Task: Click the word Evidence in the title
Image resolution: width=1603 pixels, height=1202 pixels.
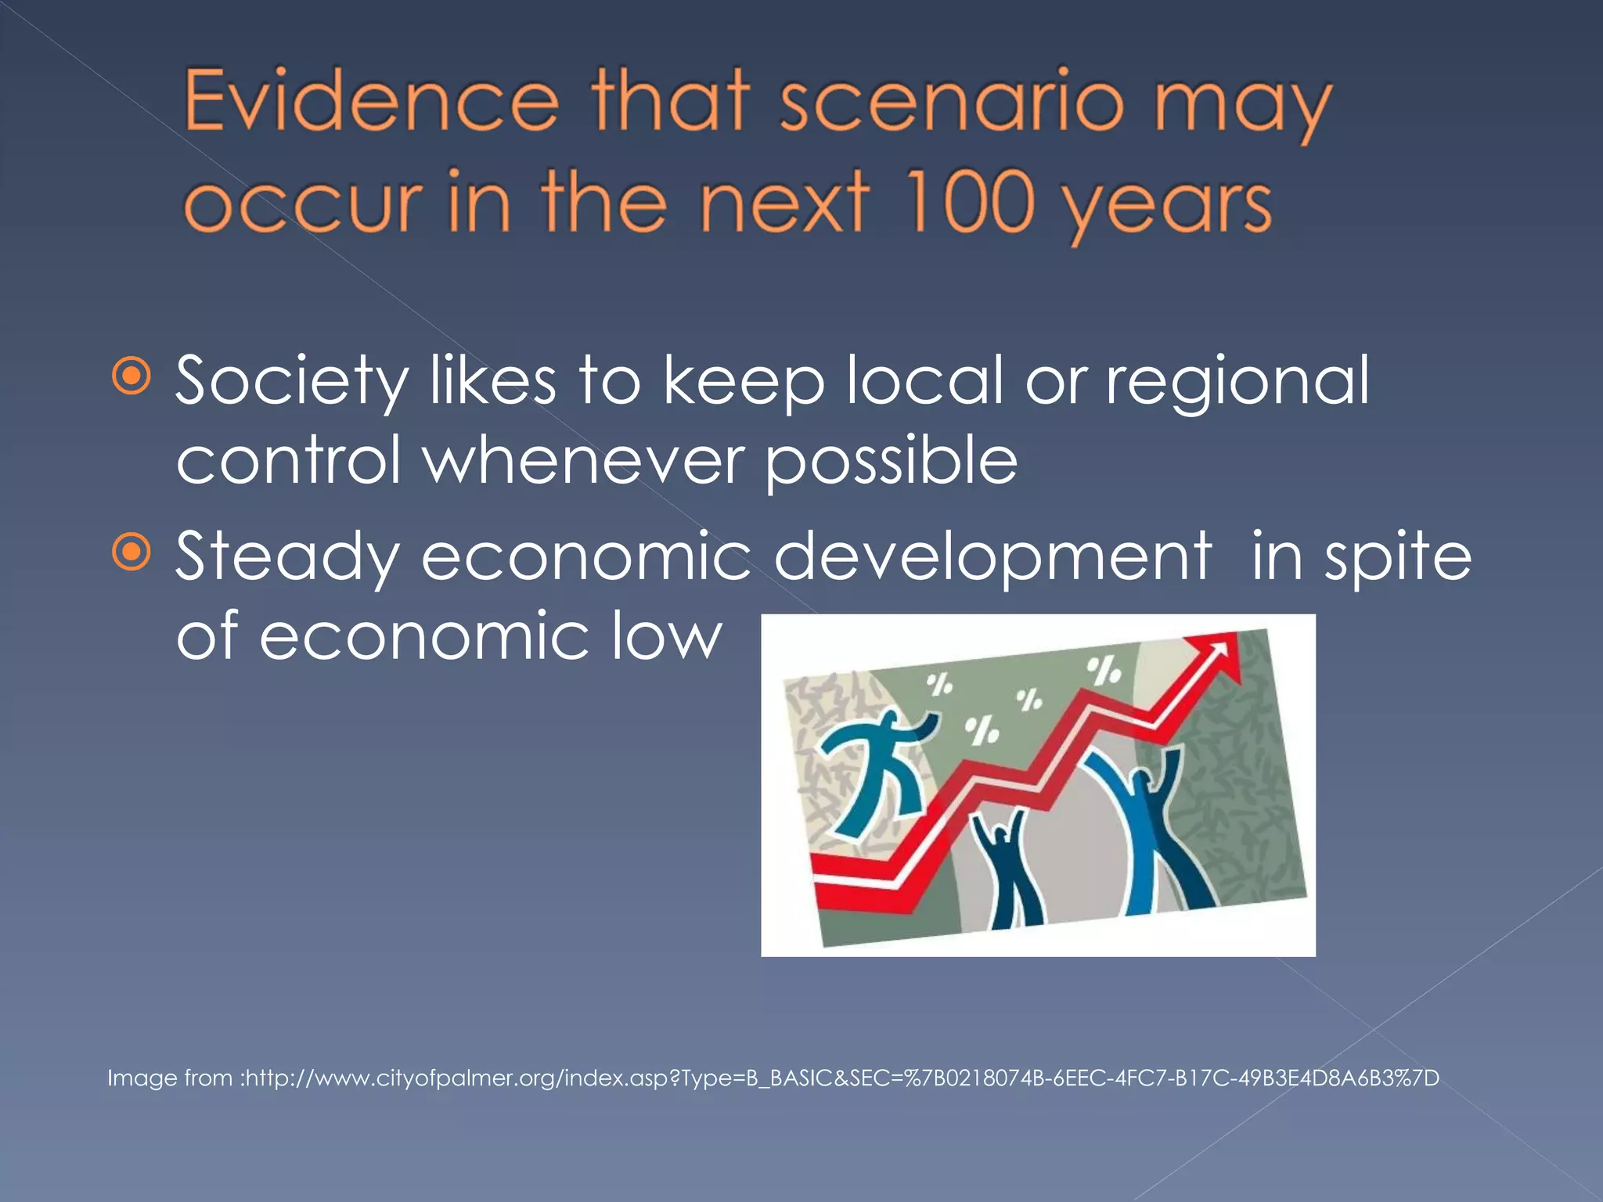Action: [372, 102]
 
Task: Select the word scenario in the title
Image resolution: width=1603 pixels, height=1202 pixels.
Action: [952, 102]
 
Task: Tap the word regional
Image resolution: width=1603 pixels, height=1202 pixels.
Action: [1237, 382]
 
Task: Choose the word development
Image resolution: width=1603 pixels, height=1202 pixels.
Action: [992, 557]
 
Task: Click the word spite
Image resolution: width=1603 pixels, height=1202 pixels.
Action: [1397, 557]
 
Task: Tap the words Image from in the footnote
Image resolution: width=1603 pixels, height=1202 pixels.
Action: [171, 1078]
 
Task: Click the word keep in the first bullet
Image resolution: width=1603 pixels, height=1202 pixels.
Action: [743, 382]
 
